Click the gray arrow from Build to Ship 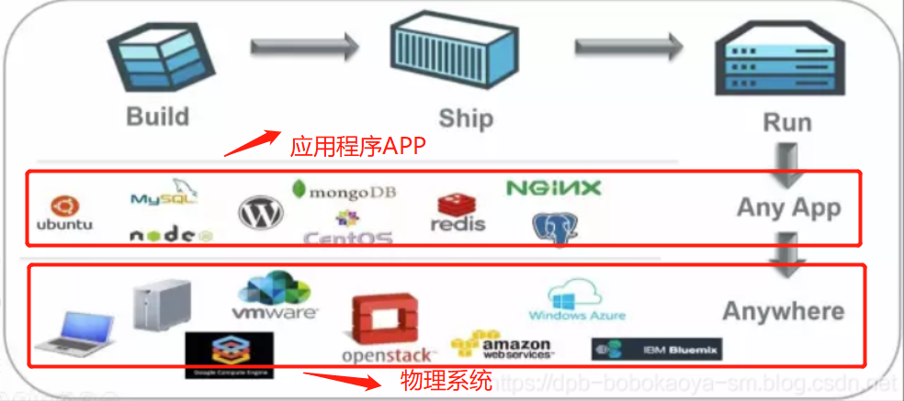(x=302, y=43)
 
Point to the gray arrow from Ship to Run (x=629, y=44)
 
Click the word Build (x=158, y=117)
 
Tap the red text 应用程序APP (x=358, y=147)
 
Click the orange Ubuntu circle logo (x=64, y=205)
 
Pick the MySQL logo (x=164, y=195)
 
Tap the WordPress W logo (x=261, y=213)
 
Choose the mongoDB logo (x=344, y=191)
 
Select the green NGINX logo (x=554, y=188)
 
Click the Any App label (x=788, y=207)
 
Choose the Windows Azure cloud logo (x=577, y=302)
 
